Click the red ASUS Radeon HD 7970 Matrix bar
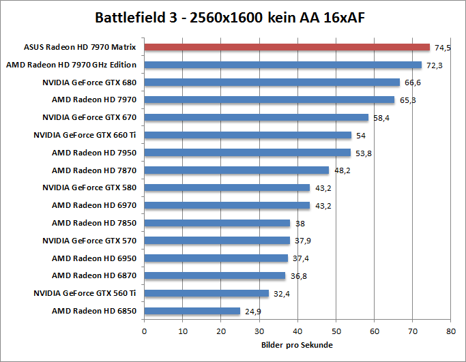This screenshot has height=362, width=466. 287,48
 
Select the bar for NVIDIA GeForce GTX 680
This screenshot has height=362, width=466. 272,82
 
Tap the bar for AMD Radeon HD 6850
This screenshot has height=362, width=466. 192,311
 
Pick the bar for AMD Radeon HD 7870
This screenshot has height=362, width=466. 236,170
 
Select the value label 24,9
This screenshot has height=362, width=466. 252,312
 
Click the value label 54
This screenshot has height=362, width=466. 361,136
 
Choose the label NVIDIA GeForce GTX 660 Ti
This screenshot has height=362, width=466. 85,135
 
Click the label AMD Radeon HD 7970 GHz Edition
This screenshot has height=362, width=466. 71,65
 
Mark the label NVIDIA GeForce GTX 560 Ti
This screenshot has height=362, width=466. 85,293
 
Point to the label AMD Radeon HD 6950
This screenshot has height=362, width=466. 94,258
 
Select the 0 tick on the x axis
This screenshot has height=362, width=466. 144,331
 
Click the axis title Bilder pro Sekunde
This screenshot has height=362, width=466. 297,346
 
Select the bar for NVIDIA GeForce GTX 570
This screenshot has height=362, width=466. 217,241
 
